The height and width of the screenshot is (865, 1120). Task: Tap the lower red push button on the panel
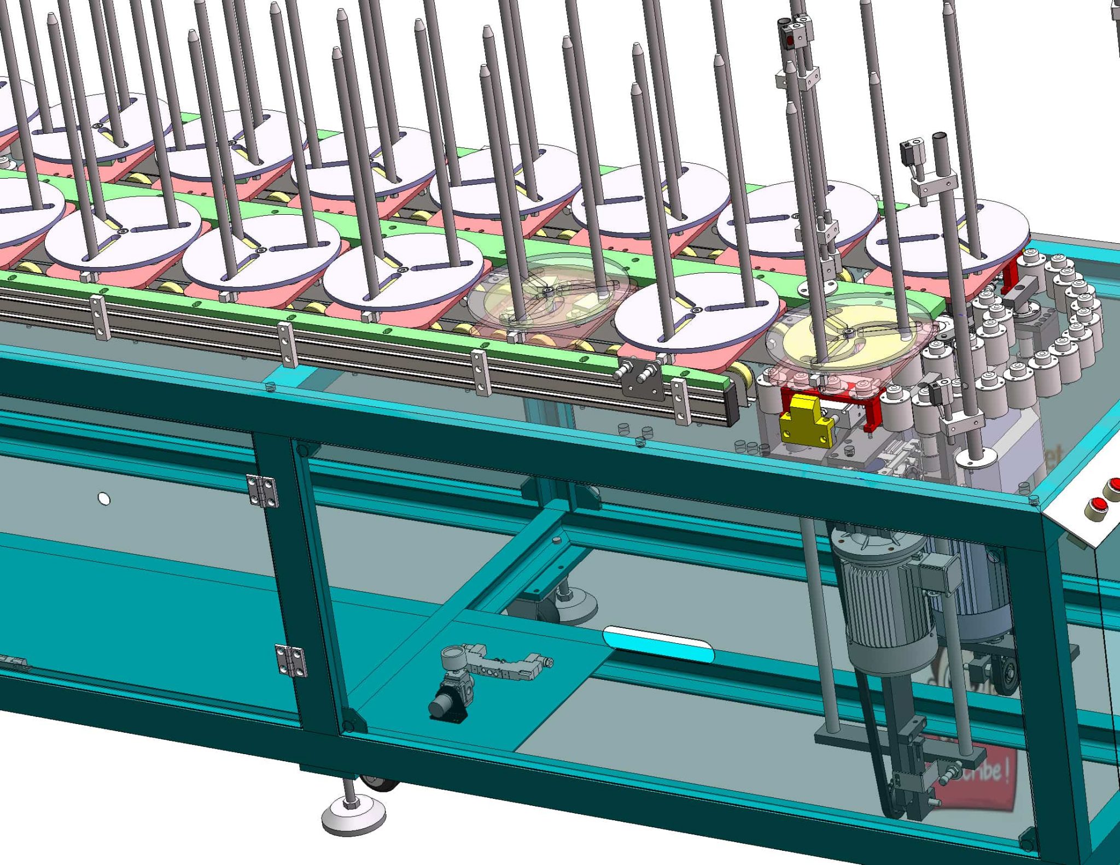click(x=1096, y=507)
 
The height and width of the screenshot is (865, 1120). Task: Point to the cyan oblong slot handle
click(x=658, y=644)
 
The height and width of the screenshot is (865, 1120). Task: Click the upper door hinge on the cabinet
click(x=262, y=491)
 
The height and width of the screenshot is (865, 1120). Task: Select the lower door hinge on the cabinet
click(x=290, y=660)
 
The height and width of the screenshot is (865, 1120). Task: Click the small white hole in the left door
click(x=103, y=499)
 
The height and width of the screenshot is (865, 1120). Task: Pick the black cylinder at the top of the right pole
click(x=940, y=144)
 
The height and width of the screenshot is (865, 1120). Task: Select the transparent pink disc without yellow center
click(x=547, y=298)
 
